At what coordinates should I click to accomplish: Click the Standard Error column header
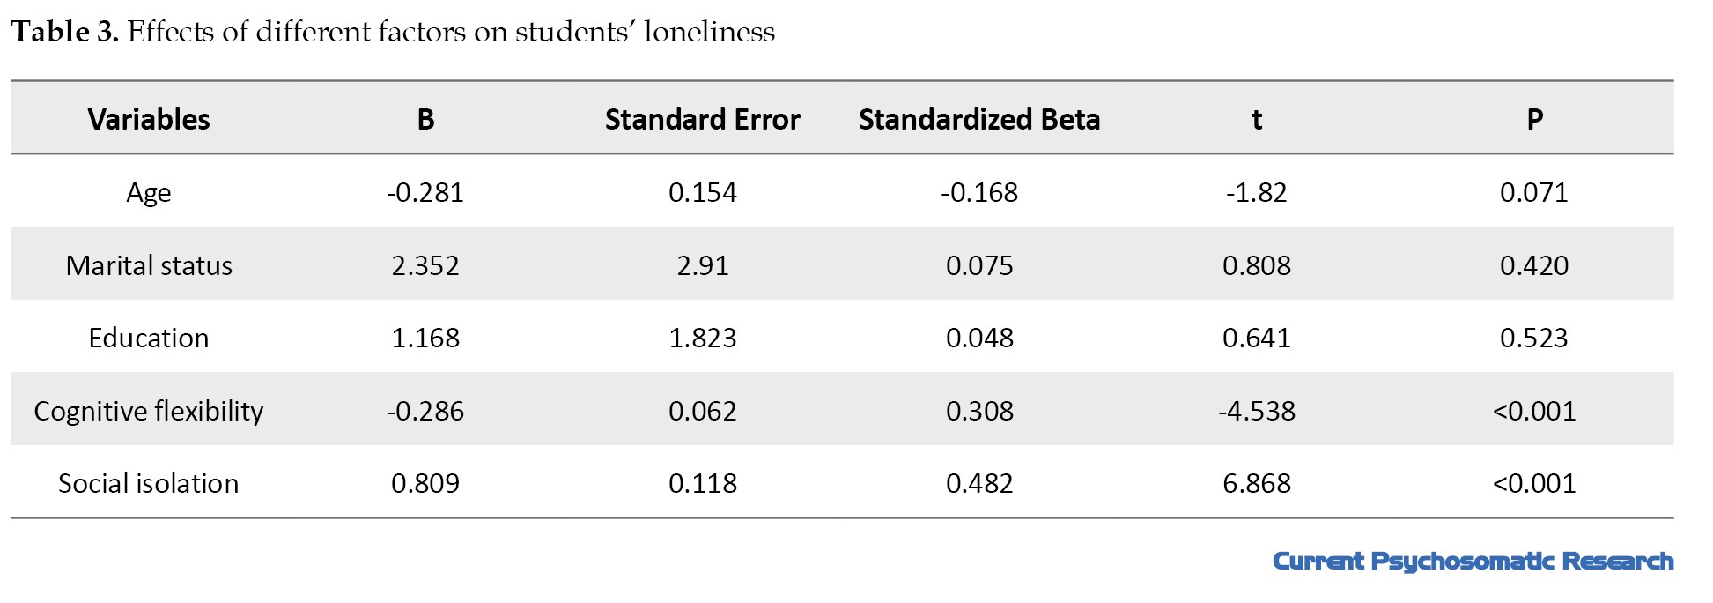click(702, 119)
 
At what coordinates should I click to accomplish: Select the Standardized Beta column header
click(979, 119)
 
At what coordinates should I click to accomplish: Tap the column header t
click(1257, 120)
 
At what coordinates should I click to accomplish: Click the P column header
click(1534, 120)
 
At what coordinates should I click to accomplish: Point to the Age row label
click(148, 193)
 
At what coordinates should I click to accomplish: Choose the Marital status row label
click(149, 265)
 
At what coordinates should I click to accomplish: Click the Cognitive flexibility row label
click(149, 411)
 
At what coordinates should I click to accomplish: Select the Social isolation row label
click(149, 483)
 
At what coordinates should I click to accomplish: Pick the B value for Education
click(425, 338)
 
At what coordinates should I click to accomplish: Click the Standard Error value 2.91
click(703, 265)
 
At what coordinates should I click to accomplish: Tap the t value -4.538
click(1257, 411)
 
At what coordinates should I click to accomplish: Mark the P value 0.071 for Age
click(1534, 192)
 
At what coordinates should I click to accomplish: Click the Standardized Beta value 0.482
click(979, 483)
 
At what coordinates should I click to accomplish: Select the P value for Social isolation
click(1534, 483)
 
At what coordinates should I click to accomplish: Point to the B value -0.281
click(425, 192)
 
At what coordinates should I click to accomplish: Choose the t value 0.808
click(1257, 265)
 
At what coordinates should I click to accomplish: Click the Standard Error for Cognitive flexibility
click(703, 411)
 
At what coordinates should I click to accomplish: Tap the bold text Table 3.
click(65, 32)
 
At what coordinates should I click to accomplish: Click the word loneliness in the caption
click(709, 32)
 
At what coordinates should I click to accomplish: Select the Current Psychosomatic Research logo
click(1473, 562)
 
